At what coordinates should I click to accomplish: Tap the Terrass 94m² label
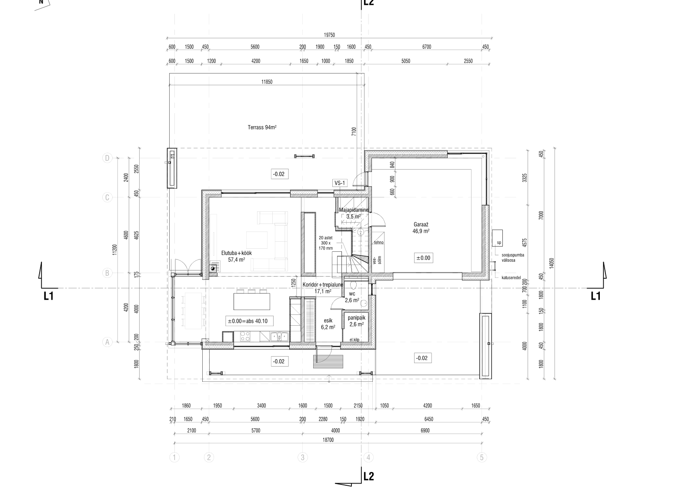click(x=262, y=127)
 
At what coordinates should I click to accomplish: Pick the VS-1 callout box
click(x=340, y=183)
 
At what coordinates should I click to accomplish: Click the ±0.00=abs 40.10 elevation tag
click(x=249, y=321)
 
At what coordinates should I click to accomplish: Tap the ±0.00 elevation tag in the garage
click(x=424, y=258)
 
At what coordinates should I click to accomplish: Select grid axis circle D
click(x=107, y=158)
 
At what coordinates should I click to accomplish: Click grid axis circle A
click(x=107, y=342)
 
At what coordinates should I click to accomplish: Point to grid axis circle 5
click(x=482, y=457)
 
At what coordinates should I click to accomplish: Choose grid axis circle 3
click(x=302, y=457)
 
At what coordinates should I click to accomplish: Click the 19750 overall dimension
click(x=329, y=35)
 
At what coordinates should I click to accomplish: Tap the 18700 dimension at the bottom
click(x=328, y=440)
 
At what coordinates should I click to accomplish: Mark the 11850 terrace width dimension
click(x=267, y=82)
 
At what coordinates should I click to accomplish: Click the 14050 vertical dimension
click(x=552, y=263)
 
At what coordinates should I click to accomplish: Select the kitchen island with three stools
click(x=252, y=300)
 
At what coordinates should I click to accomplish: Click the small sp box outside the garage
click(x=498, y=238)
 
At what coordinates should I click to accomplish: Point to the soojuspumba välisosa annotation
click(x=513, y=257)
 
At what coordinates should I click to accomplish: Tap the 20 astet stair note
click(x=326, y=243)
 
